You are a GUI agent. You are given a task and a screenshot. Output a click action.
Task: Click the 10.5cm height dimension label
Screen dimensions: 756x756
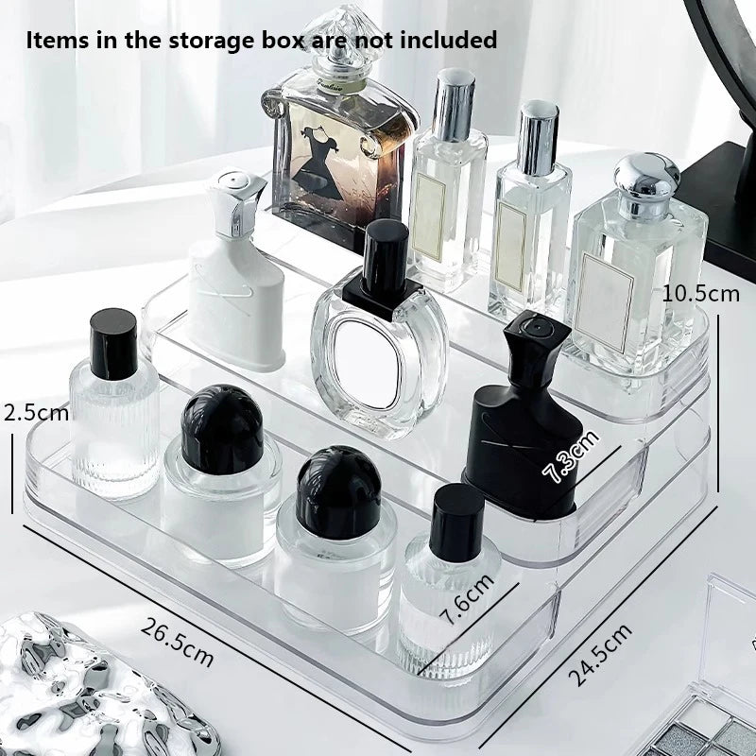point(701,293)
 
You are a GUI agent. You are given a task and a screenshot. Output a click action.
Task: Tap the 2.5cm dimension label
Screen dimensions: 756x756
point(36,412)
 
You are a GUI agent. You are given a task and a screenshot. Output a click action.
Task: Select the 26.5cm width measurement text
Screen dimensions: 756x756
point(178,642)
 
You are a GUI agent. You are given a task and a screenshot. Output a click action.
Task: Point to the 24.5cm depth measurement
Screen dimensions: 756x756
point(602,655)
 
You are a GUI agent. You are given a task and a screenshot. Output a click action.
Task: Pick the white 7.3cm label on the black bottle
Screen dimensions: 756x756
point(570,456)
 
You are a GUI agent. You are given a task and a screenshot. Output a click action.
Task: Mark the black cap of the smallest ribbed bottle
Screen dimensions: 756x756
point(456,521)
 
